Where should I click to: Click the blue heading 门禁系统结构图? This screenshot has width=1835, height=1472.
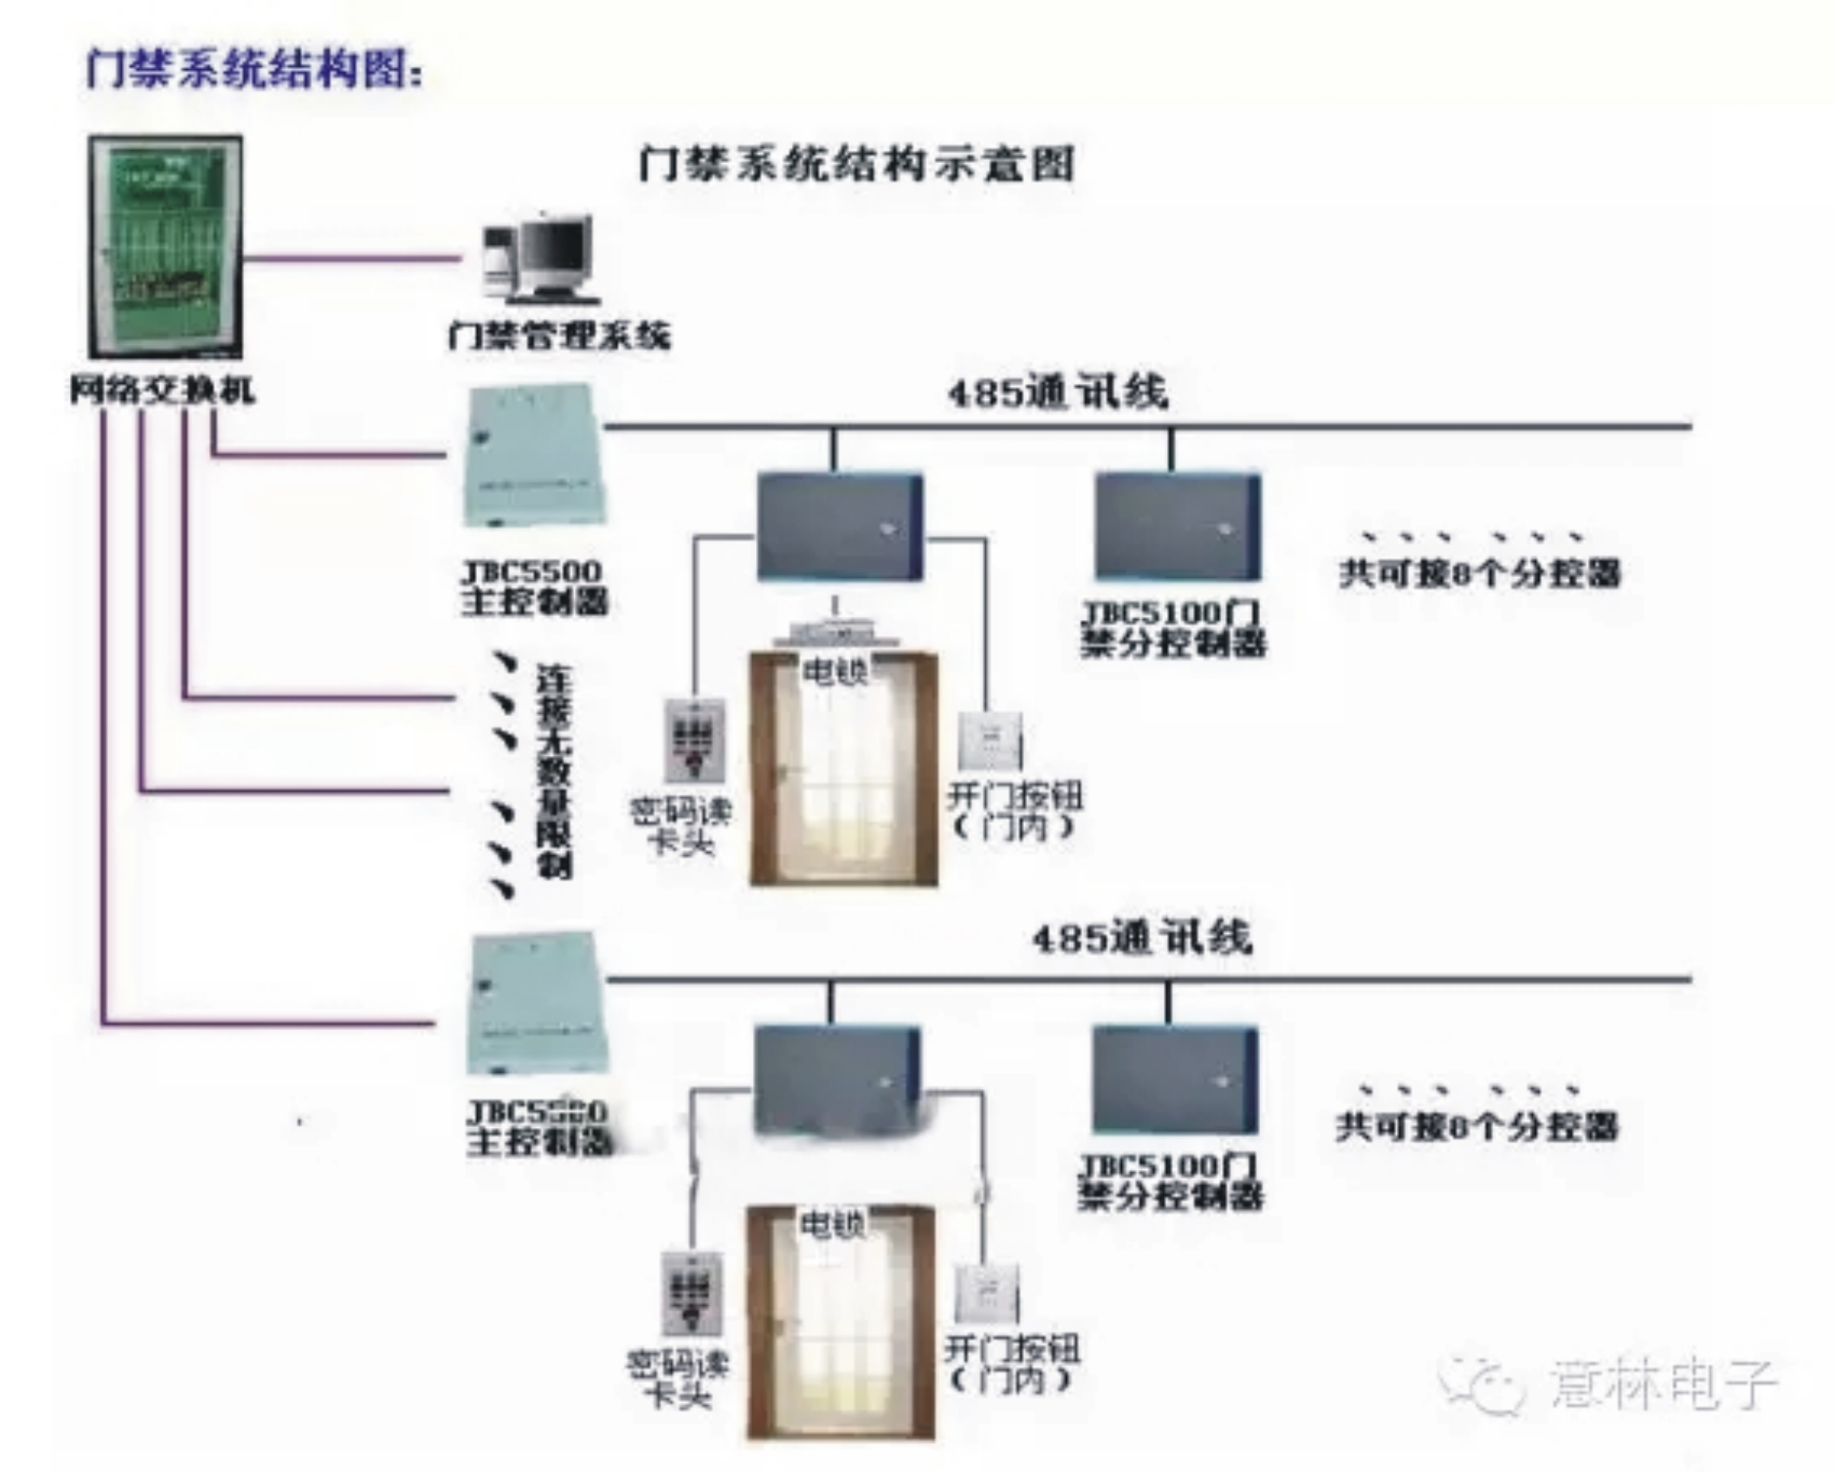pos(252,68)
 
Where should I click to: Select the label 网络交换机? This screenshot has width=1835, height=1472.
pos(162,391)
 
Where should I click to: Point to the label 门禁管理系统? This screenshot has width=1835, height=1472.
pos(559,336)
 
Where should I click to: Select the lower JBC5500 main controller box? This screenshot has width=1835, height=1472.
pos(536,1004)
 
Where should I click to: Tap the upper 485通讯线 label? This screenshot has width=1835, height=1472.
pos(1058,392)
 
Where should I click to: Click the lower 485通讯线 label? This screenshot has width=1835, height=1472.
pos(1141,938)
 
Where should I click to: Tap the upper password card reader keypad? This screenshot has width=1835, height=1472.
pos(695,739)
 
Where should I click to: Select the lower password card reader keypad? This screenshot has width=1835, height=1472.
pos(691,1293)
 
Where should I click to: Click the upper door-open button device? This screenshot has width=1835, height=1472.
pos(990,741)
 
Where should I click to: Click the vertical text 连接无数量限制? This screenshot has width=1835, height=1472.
pos(554,771)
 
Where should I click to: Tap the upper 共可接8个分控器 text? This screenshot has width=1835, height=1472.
pos(1479,572)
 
